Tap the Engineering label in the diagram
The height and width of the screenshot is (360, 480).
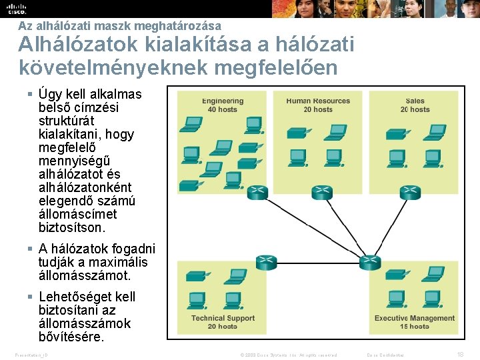223,101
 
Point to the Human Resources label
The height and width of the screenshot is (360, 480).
318,101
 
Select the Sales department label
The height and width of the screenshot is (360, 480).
415,101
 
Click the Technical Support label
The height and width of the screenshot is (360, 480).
223,318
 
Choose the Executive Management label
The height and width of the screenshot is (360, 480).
415,318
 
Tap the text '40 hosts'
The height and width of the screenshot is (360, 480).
223,109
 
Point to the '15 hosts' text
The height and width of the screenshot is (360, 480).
415,326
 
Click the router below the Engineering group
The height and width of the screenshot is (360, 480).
257,193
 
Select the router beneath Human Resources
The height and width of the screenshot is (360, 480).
322,193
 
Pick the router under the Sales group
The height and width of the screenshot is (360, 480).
410,193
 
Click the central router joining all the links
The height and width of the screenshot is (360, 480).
369,262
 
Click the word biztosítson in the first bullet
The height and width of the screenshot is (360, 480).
72,227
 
